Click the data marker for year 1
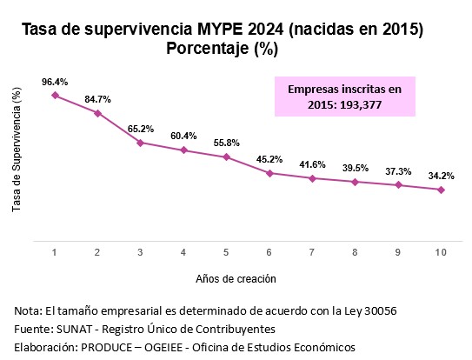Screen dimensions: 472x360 pyautogui.click(x=55, y=95)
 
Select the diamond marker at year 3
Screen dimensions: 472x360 pyautogui.click(x=140, y=143)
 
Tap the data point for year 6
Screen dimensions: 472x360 pyautogui.click(x=269, y=173)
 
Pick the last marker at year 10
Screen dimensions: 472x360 pyautogui.click(x=441, y=190)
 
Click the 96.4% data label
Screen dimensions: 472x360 pyautogui.click(x=55, y=82)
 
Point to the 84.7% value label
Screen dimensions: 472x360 pyautogui.click(x=97, y=99)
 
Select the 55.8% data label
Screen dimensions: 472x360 pyautogui.click(x=226, y=143)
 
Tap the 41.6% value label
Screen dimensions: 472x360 pyautogui.click(x=312, y=165)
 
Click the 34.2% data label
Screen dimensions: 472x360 pyautogui.click(x=441, y=176)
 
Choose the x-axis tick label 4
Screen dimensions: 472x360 pyautogui.click(x=183, y=252)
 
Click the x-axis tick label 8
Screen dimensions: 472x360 pyautogui.click(x=355, y=252)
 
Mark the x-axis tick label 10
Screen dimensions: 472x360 pyautogui.click(x=441, y=252)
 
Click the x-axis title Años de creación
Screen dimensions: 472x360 pyautogui.click(x=236, y=279)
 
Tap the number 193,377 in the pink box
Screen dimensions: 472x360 pyautogui.click(x=361, y=105)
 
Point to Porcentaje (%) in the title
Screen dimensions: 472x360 pyautogui.click(x=223, y=48)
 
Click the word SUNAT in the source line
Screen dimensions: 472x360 pyautogui.click(x=74, y=329)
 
